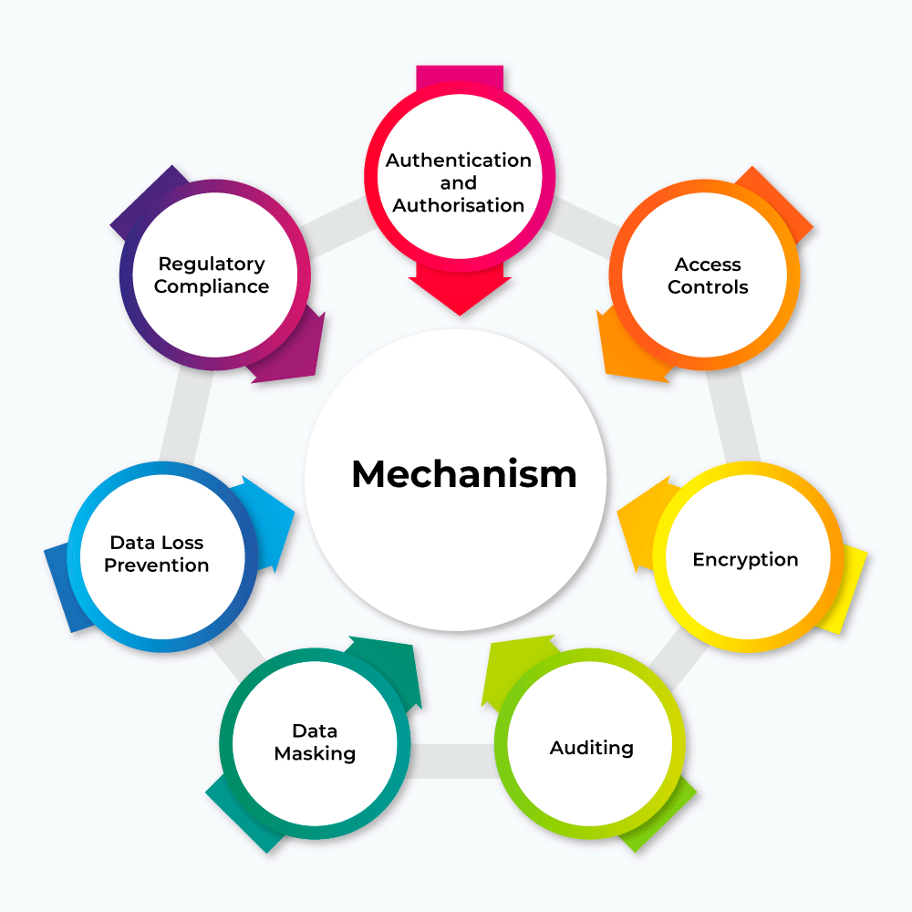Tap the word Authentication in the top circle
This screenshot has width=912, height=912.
click(458, 161)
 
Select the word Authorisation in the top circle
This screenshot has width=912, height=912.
click(458, 205)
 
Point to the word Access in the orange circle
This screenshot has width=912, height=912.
click(708, 264)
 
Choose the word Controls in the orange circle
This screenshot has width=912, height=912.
click(708, 287)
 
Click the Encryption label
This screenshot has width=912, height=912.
click(745, 560)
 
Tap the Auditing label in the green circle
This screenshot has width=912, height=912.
click(591, 749)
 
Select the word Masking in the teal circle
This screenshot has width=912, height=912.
click(315, 754)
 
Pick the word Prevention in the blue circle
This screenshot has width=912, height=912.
click(156, 565)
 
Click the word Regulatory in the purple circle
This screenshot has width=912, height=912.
click(212, 264)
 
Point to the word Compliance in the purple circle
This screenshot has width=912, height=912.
click(212, 286)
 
